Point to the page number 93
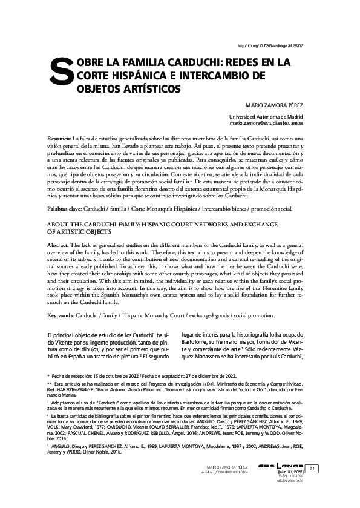[312, 469]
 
